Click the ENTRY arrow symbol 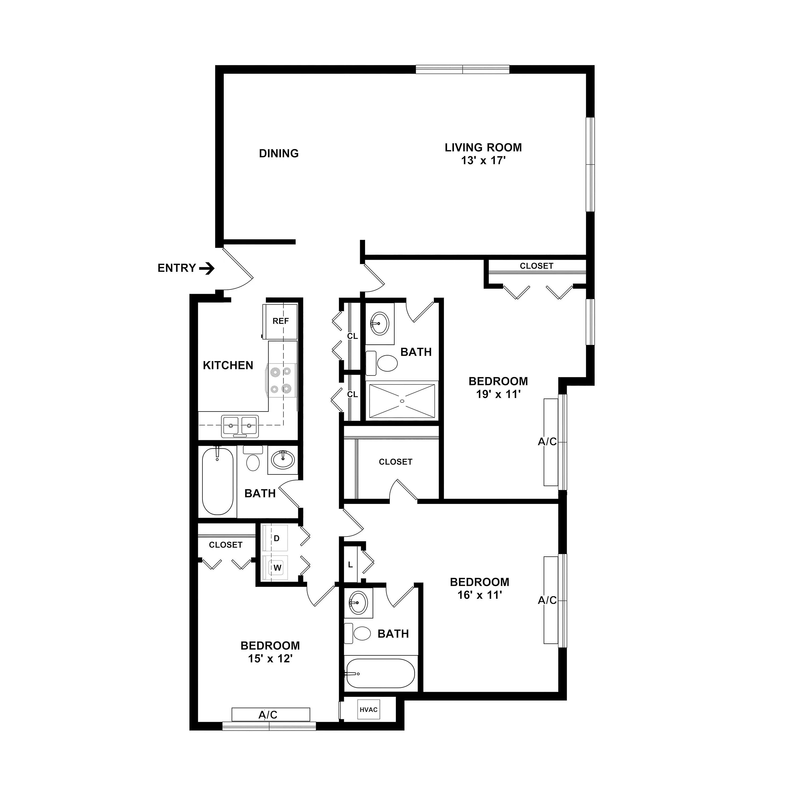coord(207,269)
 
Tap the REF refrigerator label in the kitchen coord(280,321)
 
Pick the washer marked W coord(275,568)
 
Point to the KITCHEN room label coord(228,365)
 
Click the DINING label coord(279,153)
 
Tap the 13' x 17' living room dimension coord(483,161)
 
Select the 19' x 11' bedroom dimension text coord(499,394)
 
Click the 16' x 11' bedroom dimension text coord(479,595)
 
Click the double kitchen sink coord(240,426)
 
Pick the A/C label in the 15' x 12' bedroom coord(268,715)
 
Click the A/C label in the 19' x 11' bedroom coord(547,442)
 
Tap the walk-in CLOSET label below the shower coord(396,462)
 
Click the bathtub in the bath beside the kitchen coord(218,481)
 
